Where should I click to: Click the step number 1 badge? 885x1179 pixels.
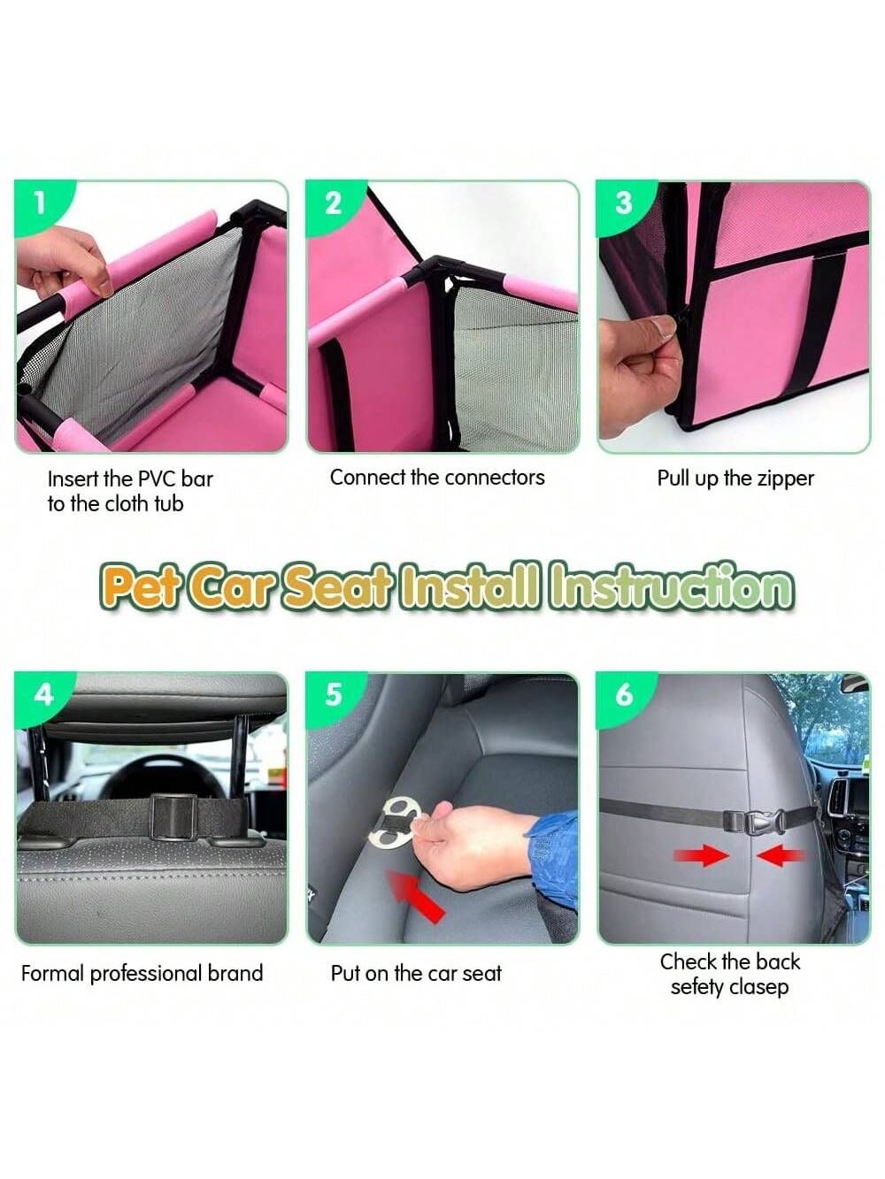39,204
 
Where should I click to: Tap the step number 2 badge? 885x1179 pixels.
333,204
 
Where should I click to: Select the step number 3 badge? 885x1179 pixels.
623,204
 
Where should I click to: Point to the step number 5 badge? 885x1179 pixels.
333,696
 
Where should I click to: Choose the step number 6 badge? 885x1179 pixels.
624,696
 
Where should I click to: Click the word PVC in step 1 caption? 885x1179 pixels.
153,478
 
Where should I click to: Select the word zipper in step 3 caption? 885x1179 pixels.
785,479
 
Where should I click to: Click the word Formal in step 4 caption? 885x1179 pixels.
53,973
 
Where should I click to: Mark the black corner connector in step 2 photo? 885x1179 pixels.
436,269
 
